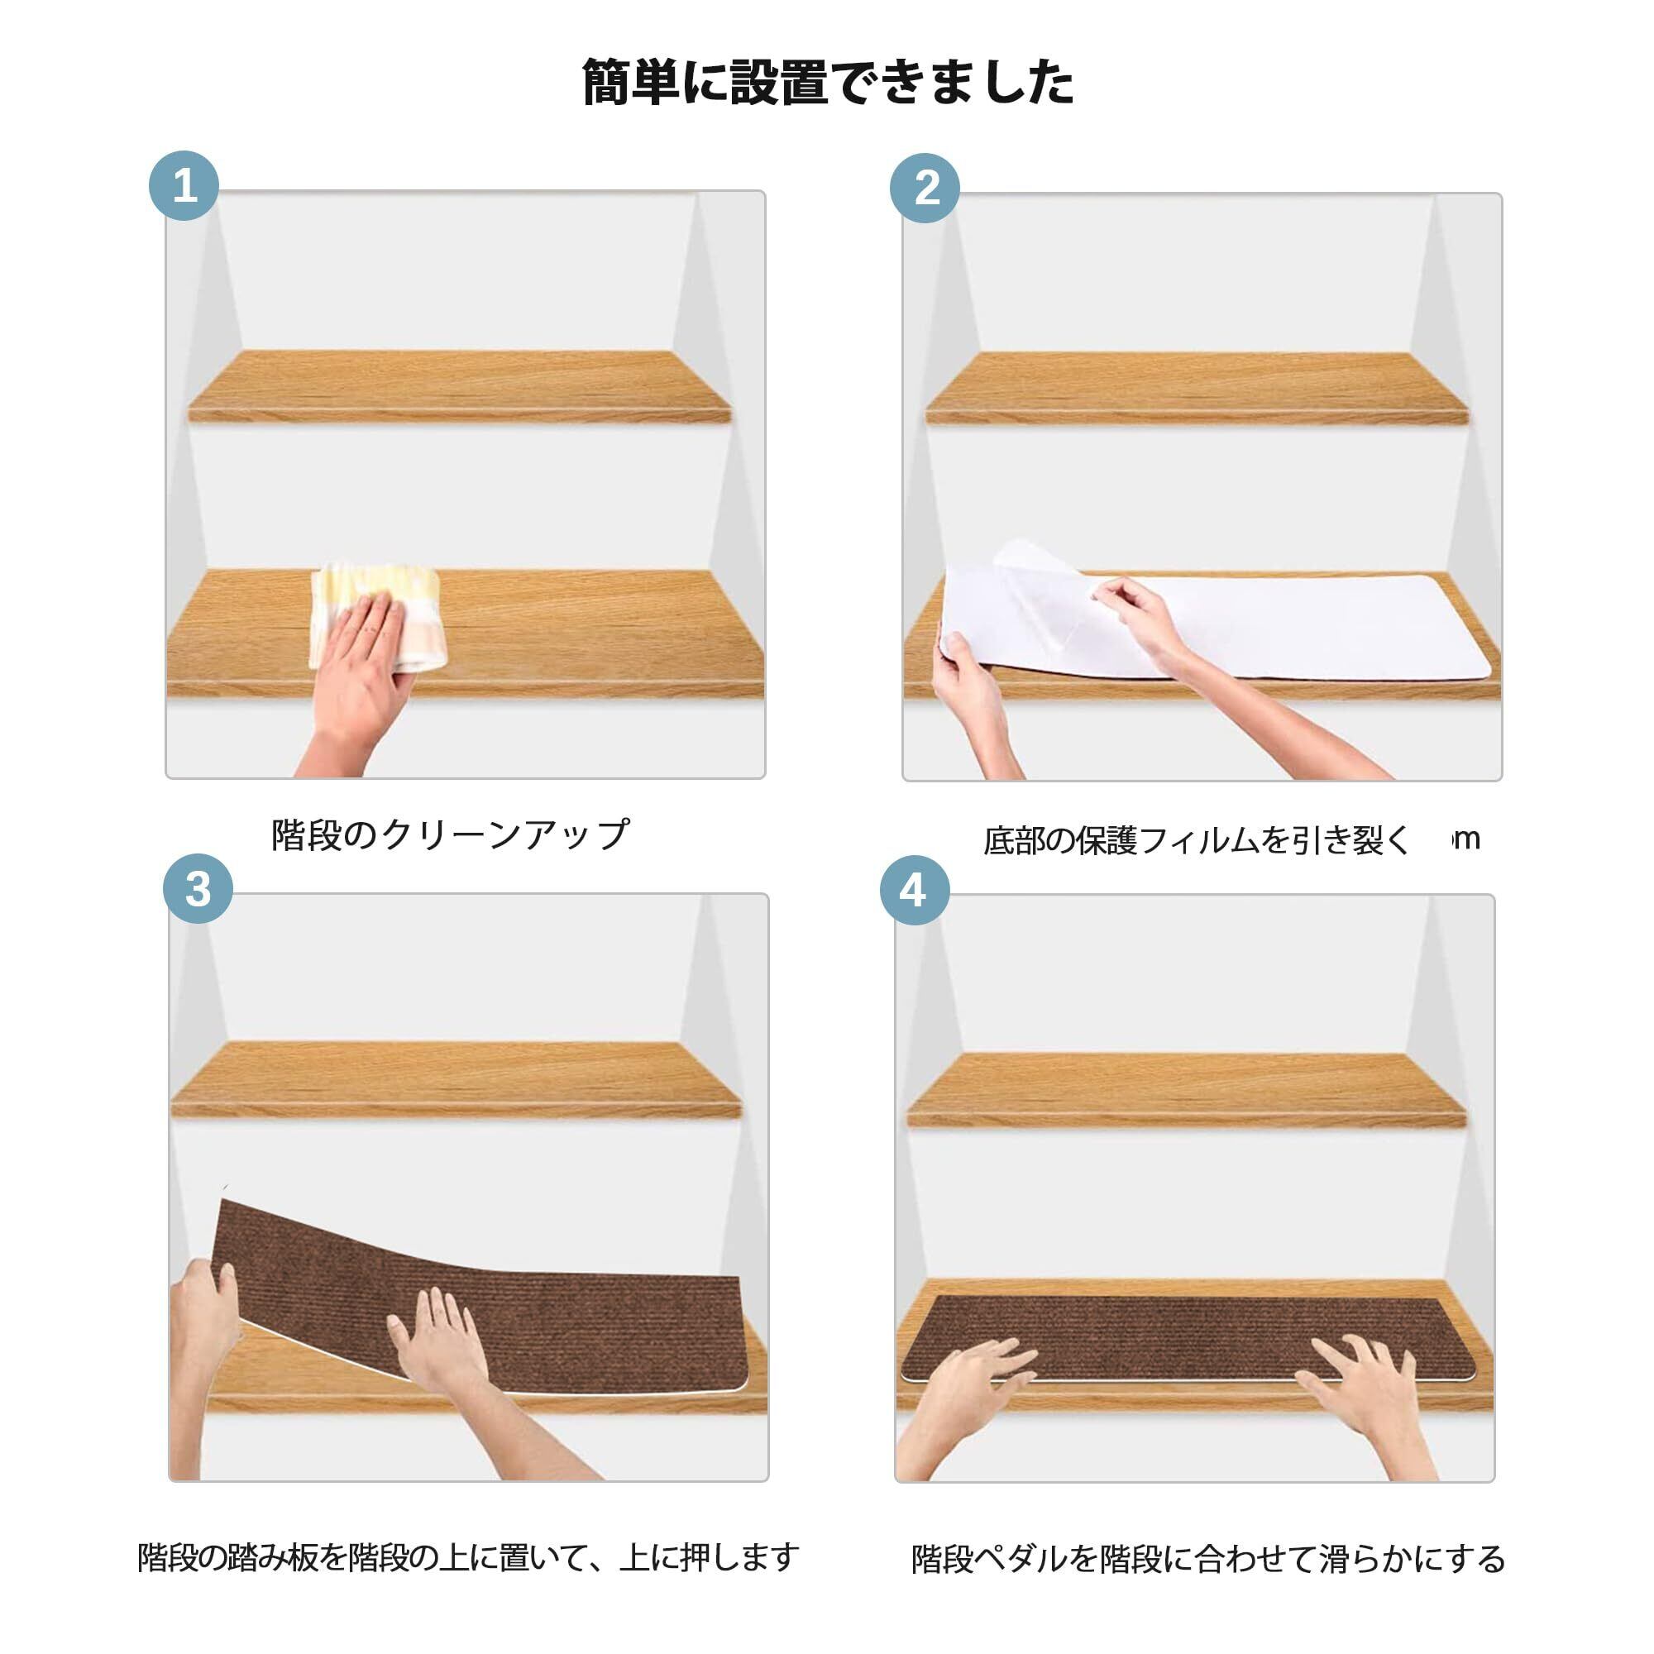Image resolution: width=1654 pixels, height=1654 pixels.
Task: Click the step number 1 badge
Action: click(x=184, y=186)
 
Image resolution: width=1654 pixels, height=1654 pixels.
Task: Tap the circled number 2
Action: click(x=925, y=189)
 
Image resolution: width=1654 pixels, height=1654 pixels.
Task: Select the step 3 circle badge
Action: click(x=198, y=889)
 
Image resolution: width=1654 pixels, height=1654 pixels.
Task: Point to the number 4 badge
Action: click(x=915, y=891)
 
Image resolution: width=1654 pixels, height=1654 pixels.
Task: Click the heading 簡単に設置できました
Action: click(x=827, y=83)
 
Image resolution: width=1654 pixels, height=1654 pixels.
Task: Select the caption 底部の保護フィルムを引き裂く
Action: click(x=1196, y=841)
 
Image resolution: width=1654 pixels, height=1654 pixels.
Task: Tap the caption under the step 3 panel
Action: click(x=468, y=1557)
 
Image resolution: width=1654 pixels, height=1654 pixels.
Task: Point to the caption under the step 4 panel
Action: click(x=1208, y=1559)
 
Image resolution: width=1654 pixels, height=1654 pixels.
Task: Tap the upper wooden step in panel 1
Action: click(x=460, y=386)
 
